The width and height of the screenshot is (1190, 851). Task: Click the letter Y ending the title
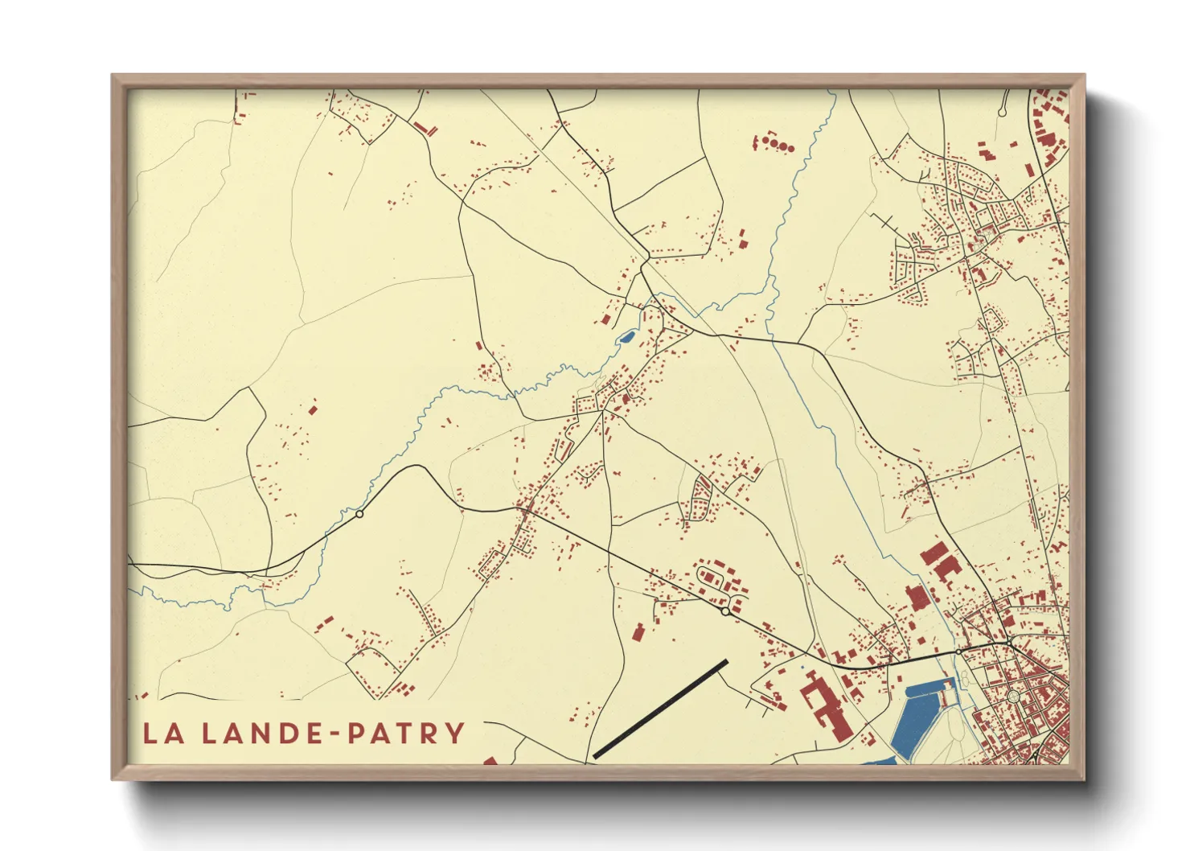point(456,733)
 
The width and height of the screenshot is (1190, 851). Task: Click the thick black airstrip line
point(660,709)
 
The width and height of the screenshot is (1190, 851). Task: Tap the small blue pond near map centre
point(626,337)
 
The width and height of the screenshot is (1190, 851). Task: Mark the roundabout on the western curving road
point(359,514)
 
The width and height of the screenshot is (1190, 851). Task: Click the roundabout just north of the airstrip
point(725,612)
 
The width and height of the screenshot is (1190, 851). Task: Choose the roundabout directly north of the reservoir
point(958,652)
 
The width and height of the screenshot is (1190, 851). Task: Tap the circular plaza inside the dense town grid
point(1013,695)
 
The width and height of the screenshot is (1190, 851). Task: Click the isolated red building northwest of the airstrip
point(638,631)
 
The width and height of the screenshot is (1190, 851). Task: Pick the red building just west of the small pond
point(605,319)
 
